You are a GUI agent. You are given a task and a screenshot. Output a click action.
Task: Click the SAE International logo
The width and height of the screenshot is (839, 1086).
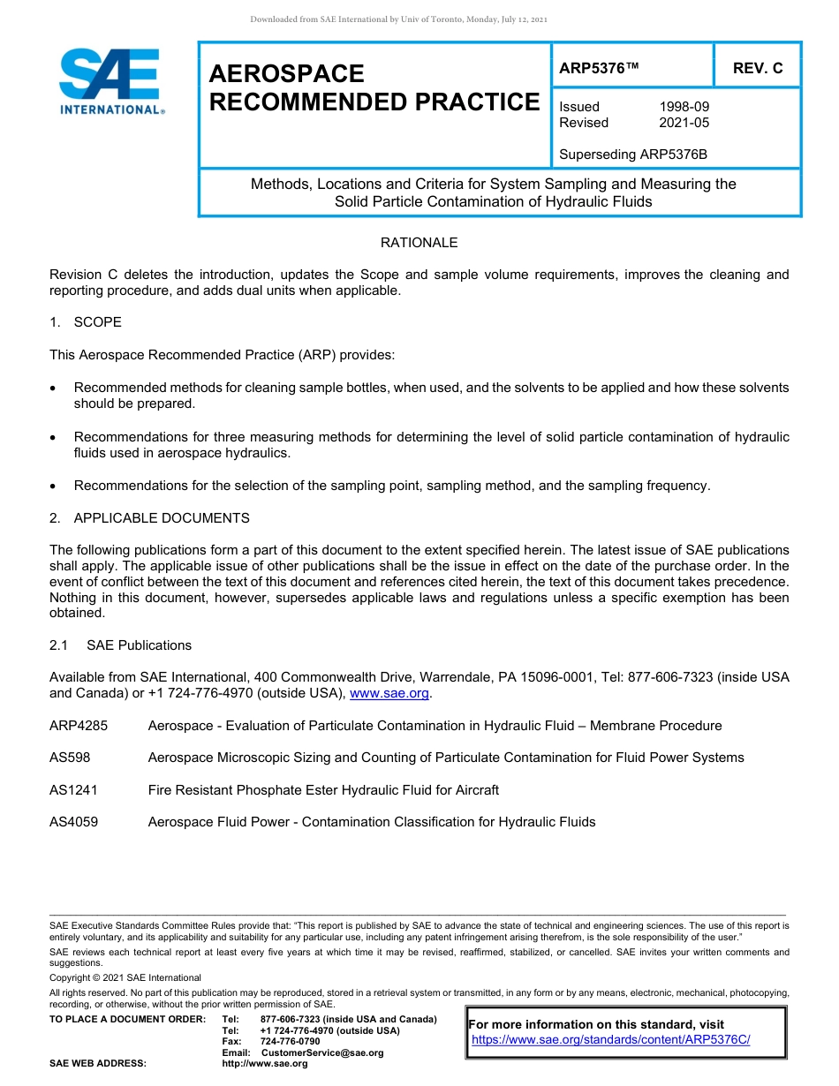tap(110, 81)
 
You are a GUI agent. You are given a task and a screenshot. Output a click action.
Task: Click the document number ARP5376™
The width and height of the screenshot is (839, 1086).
tap(599, 68)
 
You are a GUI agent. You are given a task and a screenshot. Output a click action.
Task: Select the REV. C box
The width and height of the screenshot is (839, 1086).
tap(757, 68)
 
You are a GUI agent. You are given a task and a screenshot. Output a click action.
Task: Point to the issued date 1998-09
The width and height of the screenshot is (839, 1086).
tap(684, 107)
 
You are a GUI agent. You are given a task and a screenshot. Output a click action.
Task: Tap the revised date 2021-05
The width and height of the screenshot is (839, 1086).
tap(684, 123)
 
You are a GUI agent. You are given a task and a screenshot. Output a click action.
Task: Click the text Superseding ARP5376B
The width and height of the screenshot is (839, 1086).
tap(633, 155)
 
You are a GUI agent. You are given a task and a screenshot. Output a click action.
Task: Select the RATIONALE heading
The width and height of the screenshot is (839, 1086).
tap(419, 243)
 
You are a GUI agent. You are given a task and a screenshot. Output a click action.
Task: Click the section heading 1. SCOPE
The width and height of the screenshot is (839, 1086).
tap(86, 322)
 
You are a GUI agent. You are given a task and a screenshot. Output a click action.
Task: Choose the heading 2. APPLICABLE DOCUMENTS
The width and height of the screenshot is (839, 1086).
tap(149, 518)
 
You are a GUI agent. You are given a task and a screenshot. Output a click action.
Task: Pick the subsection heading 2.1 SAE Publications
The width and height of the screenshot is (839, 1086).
tap(120, 645)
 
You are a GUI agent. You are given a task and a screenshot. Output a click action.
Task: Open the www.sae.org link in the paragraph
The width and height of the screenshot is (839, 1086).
tap(389, 694)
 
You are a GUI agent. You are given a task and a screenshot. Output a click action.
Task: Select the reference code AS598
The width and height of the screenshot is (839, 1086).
tap(70, 758)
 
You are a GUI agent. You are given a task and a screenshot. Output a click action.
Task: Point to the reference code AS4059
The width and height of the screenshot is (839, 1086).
tap(73, 822)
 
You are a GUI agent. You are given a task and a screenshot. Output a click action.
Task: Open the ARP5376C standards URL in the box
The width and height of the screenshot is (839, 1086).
tap(610, 1039)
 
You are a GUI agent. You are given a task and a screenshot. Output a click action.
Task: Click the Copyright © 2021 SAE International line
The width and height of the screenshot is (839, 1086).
tap(125, 977)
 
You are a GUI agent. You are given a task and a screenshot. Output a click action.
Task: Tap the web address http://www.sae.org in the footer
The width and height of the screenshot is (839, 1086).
tap(265, 1064)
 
